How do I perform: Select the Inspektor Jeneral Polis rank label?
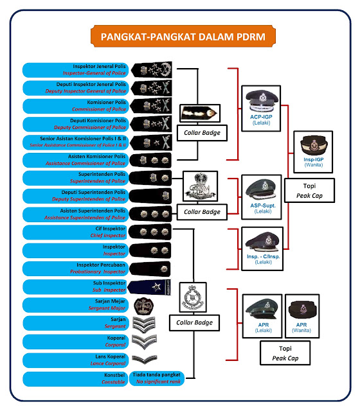pos(75,69)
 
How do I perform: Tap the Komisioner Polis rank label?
pos(75,105)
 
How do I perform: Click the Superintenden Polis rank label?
pos(75,178)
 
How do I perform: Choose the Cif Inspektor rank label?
pos(75,232)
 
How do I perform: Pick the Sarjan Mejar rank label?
pos(75,304)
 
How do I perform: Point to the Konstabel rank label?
pos(75,378)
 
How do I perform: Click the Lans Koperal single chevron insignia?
pos(144,360)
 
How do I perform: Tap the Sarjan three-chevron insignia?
pos(144,322)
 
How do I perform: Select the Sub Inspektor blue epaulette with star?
pos(150,286)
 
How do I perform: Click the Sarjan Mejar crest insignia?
pos(144,304)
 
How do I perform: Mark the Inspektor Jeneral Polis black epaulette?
pos(150,69)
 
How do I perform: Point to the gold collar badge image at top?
pos(200,114)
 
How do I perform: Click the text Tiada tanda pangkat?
pos(156,374)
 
